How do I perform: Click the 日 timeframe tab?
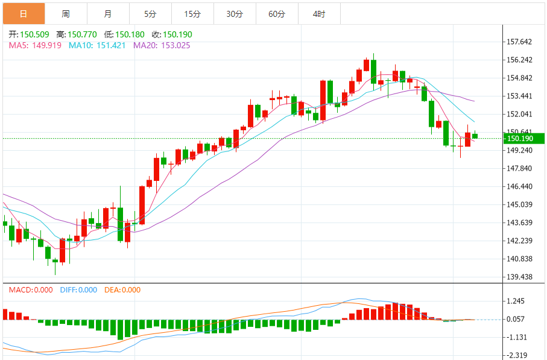point(23,13)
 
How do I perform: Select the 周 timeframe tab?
point(65,13)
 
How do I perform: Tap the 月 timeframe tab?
point(107,13)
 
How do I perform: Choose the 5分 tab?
point(150,13)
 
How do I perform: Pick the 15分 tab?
point(192,13)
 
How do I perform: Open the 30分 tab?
point(235,13)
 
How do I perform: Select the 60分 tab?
point(277,13)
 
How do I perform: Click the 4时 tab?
point(319,13)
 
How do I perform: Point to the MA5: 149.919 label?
point(35,45)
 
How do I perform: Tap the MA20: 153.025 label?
point(162,45)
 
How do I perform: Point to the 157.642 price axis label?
point(519,42)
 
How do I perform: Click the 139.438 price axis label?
point(519,277)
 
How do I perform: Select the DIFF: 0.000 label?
point(78,290)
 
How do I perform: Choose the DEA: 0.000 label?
point(122,290)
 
